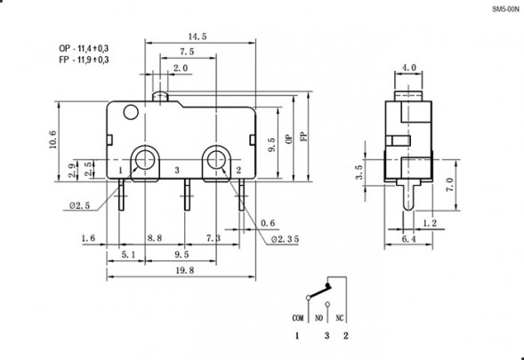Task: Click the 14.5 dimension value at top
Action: click(x=185, y=36)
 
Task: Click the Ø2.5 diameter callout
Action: click(x=77, y=206)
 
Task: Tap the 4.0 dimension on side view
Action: click(x=409, y=67)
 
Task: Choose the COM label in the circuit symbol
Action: click(x=298, y=317)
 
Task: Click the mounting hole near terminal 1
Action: click(x=142, y=161)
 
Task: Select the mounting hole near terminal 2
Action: click(x=215, y=161)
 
